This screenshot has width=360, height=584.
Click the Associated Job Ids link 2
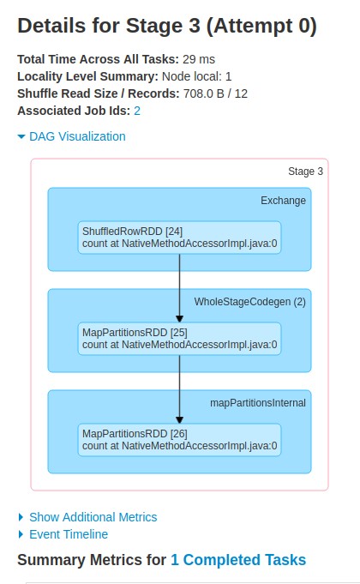coord(137,111)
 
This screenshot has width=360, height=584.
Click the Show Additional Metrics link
coord(93,517)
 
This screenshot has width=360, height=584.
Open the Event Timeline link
coord(69,534)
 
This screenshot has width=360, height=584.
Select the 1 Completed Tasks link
coord(238,560)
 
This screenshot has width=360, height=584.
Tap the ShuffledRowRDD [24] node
coord(179,238)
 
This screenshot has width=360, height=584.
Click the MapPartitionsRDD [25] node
coord(179,339)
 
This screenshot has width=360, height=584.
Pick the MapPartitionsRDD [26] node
coord(179,440)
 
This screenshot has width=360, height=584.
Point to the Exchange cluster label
coord(283,201)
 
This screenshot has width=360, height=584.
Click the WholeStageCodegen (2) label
coord(249,302)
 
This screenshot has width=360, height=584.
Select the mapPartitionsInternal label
coord(258,403)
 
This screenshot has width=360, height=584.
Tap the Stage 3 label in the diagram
coord(305,172)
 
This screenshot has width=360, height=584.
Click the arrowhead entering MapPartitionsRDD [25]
coord(179,319)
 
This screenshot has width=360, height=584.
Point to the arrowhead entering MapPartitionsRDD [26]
coord(179,420)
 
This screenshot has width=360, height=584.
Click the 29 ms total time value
coord(199,59)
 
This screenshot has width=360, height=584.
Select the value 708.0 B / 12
coord(215,93)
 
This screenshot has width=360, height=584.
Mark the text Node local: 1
coord(196,76)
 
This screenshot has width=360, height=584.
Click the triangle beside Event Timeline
coord(21,534)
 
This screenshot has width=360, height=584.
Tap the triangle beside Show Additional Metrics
coord(21,517)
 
